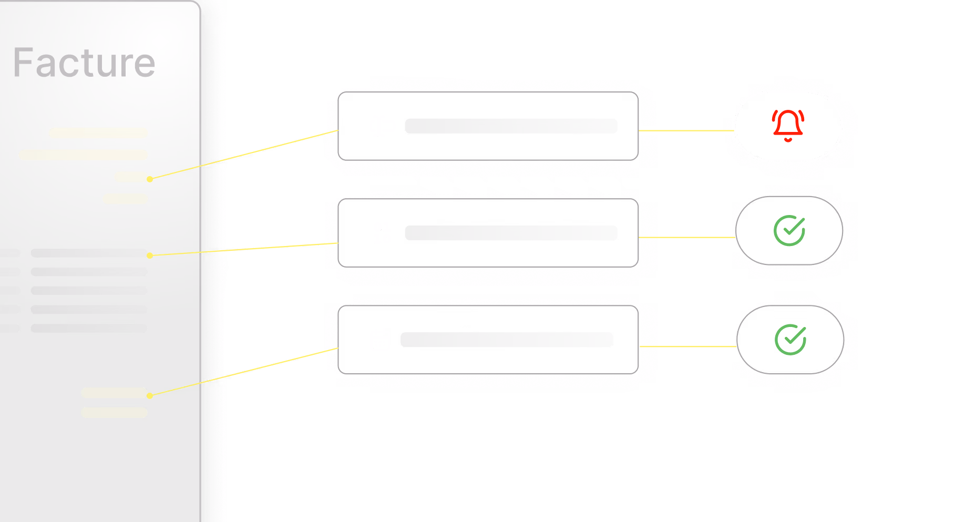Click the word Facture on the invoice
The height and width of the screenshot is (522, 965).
84,63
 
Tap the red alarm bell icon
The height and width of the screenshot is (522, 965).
788,126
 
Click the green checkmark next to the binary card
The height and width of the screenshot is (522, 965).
789,230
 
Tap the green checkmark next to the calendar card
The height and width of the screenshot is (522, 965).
791,340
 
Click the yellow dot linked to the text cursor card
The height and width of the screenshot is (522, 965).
150,179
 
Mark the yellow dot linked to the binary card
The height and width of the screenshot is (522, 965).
150,255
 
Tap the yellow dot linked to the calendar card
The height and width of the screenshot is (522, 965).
150,396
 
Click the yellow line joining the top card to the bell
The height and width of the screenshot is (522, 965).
686,130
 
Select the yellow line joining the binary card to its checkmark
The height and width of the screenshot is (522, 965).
686,238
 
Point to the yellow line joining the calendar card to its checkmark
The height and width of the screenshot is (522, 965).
686,347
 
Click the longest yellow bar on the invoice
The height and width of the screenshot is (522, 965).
83,155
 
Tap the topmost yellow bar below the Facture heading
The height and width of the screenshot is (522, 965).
98,133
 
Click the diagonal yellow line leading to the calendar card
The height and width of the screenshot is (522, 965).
242,372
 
